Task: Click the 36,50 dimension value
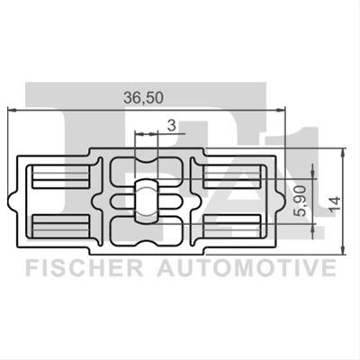[144, 98]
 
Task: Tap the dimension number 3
[171, 125]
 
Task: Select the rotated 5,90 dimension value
[301, 201]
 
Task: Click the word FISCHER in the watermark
[85, 268]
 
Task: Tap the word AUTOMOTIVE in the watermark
[247, 268]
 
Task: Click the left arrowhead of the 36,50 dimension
[12, 110]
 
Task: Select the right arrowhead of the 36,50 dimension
[281, 110]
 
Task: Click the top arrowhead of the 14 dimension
[343, 152]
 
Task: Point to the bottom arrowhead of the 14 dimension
[343, 251]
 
